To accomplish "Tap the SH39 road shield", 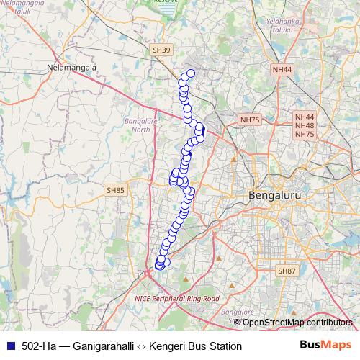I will click(x=161, y=50).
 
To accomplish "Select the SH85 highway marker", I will click(x=115, y=190).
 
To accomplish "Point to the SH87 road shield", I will click(x=287, y=271).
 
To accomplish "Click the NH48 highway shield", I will click(x=305, y=125).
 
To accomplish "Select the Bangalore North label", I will click(x=137, y=125).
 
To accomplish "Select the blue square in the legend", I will click(x=9, y=346).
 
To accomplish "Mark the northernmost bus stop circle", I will click(x=191, y=73).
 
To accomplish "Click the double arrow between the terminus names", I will click(x=142, y=346).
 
